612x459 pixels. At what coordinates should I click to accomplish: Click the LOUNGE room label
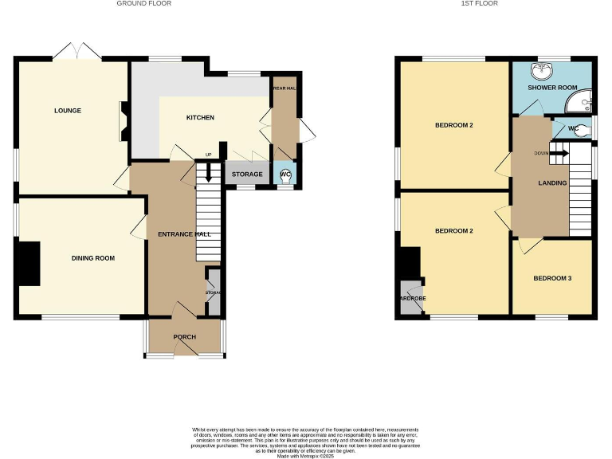click(68, 111)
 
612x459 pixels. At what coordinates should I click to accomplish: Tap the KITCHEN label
click(200, 118)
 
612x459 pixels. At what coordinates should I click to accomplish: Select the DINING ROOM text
click(93, 258)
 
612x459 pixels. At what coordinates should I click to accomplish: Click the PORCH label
click(184, 337)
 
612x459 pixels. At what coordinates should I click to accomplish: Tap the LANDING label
click(552, 182)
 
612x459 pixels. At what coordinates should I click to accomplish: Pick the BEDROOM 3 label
click(552, 279)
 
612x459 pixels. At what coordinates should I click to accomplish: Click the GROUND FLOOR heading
click(143, 4)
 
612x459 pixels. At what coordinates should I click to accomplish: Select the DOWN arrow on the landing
click(559, 153)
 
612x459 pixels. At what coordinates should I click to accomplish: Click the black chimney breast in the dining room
click(29, 264)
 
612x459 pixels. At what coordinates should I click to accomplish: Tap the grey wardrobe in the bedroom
click(412, 301)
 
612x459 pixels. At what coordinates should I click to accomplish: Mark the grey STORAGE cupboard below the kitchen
click(247, 174)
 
